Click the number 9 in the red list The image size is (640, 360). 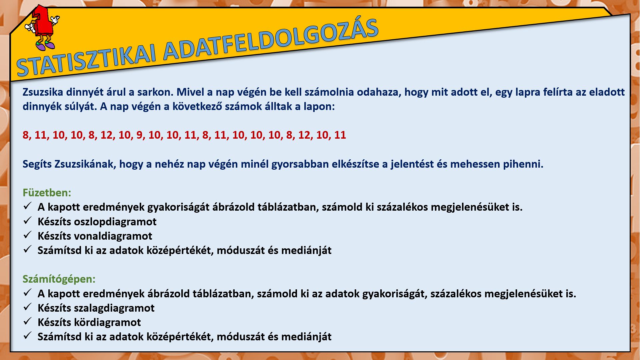pyautogui.click(x=139, y=135)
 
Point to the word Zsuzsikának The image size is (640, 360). pyautogui.click(x=85, y=164)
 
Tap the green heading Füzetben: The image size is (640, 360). pyautogui.click(x=47, y=193)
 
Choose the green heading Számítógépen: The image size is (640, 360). pyautogui.click(x=59, y=279)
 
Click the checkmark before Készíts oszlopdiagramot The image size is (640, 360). pyautogui.click(x=27, y=221)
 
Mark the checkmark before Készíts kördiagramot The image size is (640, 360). pyautogui.click(x=27, y=321)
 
